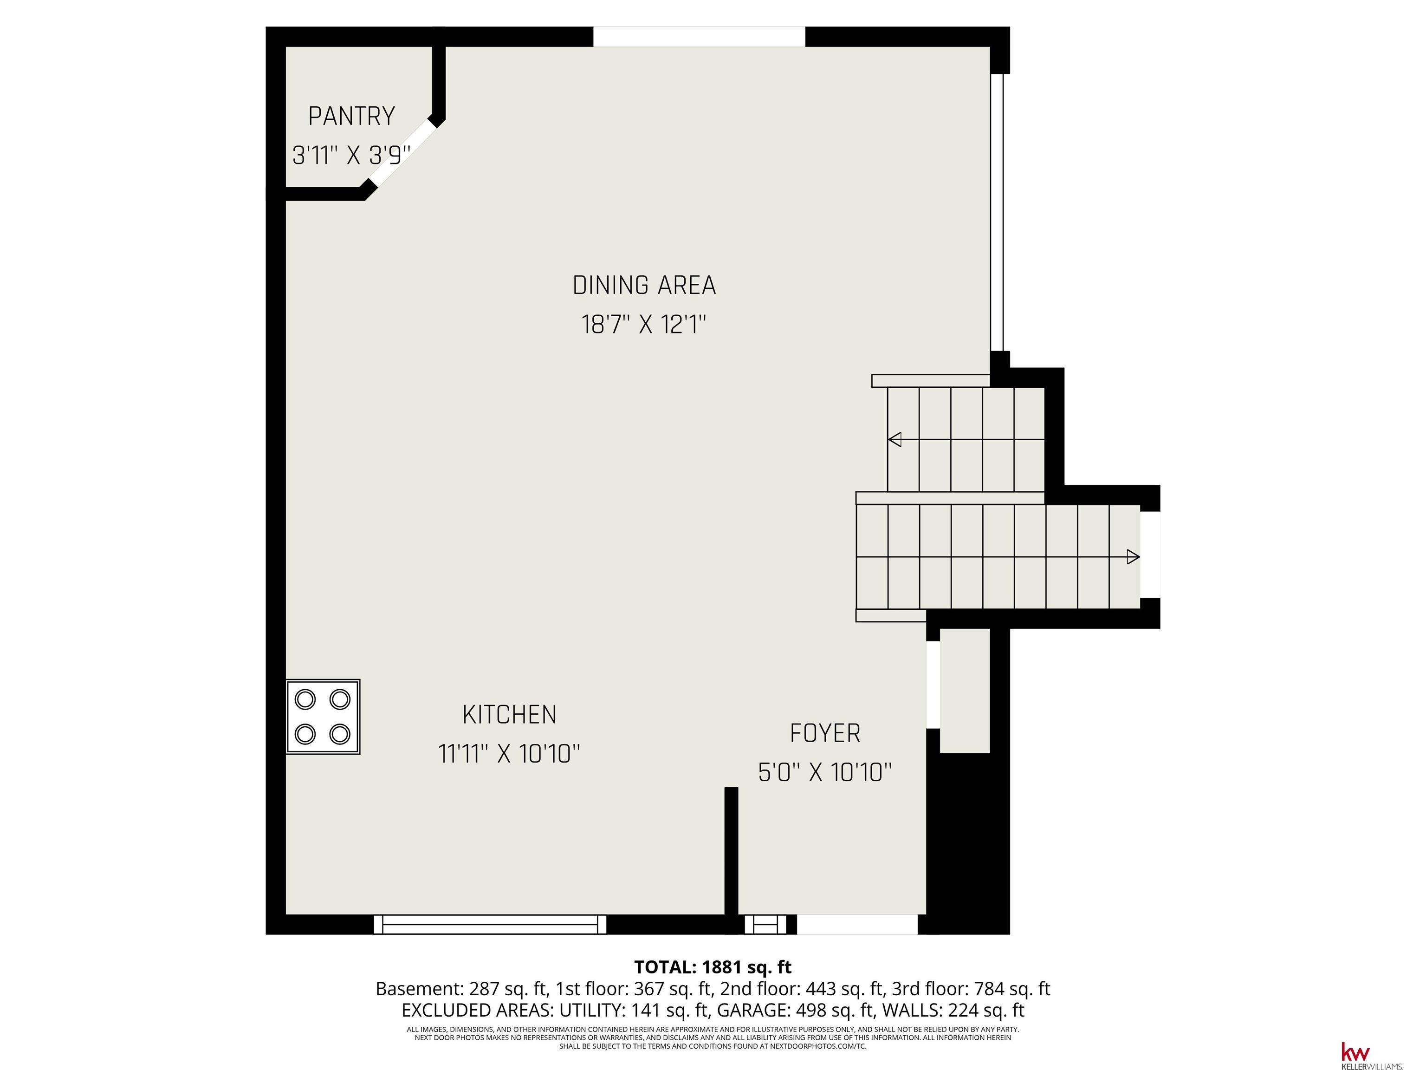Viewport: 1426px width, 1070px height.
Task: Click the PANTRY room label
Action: click(x=351, y=116)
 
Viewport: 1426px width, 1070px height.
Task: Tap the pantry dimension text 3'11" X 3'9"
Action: click(x=351, y=156)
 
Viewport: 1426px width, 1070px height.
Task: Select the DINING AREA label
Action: click(x=644, y=285)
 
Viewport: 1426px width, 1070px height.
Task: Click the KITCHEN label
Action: click(x=509, y=715)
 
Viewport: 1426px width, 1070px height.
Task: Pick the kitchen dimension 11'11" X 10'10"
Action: click(x=509, y=753)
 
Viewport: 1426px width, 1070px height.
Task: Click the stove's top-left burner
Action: click(x=305, y=699)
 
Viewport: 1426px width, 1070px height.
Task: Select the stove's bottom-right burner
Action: click(x=340, y=734)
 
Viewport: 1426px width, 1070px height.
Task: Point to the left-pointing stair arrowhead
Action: click(x=895, y=440)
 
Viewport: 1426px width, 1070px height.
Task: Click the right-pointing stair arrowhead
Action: click(x=1133, y=557)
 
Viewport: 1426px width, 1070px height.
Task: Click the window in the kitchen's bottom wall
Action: click(x=490, y=924)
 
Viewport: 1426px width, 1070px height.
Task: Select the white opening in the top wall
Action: click(x=699, y=37)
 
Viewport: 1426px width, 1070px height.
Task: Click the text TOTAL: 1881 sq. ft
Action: click(x=713, y=967)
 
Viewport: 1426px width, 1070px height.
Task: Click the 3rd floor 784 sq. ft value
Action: click(x=1018, y=988)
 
